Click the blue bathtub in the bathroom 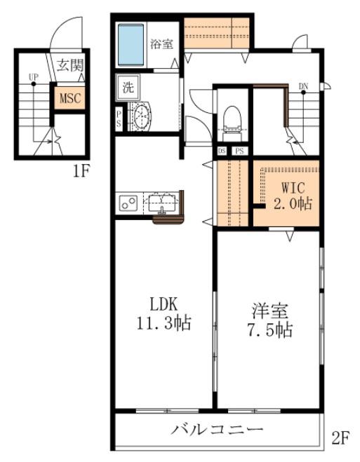(x=131, y=45)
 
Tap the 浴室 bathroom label (x=162, y=44)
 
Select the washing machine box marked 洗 (x=128, y=87)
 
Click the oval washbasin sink (x=142, y=116)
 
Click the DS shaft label (x=222, y=151)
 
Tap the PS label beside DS (x=240, y=151)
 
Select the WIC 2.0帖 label (x=293, y=196)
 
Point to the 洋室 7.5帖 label (x=269, y=320)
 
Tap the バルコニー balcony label (x=217, y=430)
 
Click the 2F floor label (x=341, y=438)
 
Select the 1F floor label (x=81, y=171)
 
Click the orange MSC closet (x=69, y=98)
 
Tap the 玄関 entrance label (x=70, y=64)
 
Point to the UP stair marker (x=33, y=77)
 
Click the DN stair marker (x=303, y=86)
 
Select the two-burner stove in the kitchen (x=128, y=203)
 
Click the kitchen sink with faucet (x=161, y=204)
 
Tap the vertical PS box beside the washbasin (x=119, y=118)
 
